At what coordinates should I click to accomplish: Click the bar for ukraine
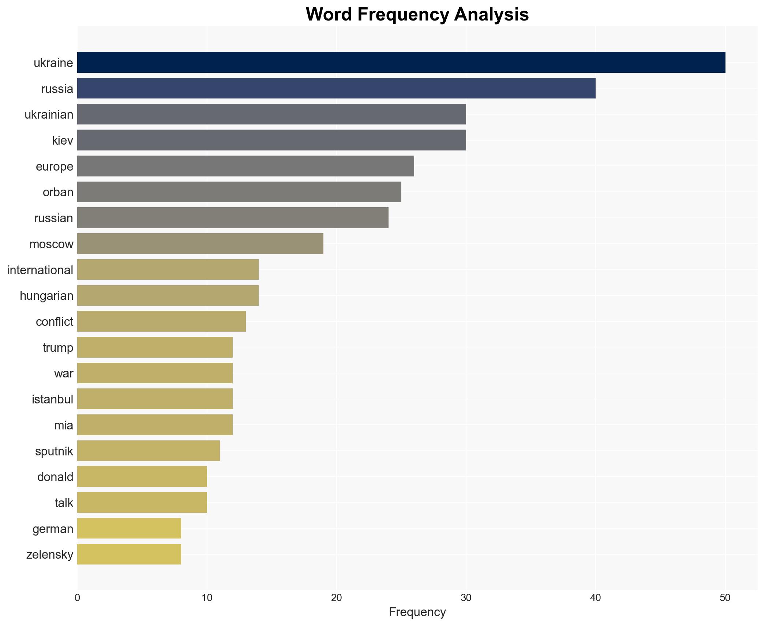(x=401, y=63)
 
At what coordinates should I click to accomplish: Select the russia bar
(x=336, y=89)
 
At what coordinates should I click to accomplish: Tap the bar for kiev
(x=271, y=140)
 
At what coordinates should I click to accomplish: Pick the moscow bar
(x=200, y=244)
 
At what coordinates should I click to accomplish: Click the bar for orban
(x=239, y=192)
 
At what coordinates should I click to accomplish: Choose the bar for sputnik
(x=148, y=451)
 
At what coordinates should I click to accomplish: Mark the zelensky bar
(x=129, y=554)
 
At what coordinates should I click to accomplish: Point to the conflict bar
(x=161, y=321)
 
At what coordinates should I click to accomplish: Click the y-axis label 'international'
(x=40, y=270)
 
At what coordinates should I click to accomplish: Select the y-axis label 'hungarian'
(x=46, y=296)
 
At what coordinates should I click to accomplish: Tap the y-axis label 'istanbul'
(x=52, y=399)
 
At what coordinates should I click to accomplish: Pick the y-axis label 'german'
(x=53, y=529)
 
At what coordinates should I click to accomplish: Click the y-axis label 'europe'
(x=55, y=167)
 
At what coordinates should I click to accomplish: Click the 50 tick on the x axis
(x=725, y=598)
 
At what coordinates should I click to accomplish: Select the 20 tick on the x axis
(x=336, y=598)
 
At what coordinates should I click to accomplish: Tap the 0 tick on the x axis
(x=77, y=598)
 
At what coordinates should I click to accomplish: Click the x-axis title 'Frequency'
(x=417, y=612)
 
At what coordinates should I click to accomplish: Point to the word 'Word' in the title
(x=329, y=15)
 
